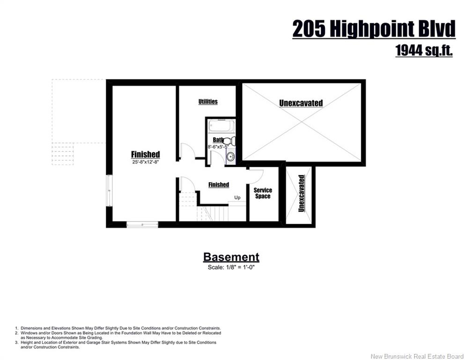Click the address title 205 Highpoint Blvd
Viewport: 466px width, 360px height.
374,29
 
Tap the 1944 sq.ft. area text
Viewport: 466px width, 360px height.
424,50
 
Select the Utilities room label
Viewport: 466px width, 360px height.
208,102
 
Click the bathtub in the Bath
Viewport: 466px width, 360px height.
222,126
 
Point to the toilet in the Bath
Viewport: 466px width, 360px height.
229,141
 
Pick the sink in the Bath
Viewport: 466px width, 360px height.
230,157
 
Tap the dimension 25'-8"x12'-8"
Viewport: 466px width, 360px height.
146,162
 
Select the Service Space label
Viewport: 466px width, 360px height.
263,193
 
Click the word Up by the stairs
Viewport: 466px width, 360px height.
237,197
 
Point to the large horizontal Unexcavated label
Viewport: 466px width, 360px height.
301,103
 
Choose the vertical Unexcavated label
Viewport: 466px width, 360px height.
301,194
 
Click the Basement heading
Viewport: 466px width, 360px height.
231,257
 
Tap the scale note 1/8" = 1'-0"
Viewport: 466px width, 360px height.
231,267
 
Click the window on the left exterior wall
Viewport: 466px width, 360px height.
110,190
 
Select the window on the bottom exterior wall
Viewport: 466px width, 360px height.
142,225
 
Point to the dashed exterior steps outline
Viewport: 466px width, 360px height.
63,154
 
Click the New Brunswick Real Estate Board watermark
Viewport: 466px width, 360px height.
417,356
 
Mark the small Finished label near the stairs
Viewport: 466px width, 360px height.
219,185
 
